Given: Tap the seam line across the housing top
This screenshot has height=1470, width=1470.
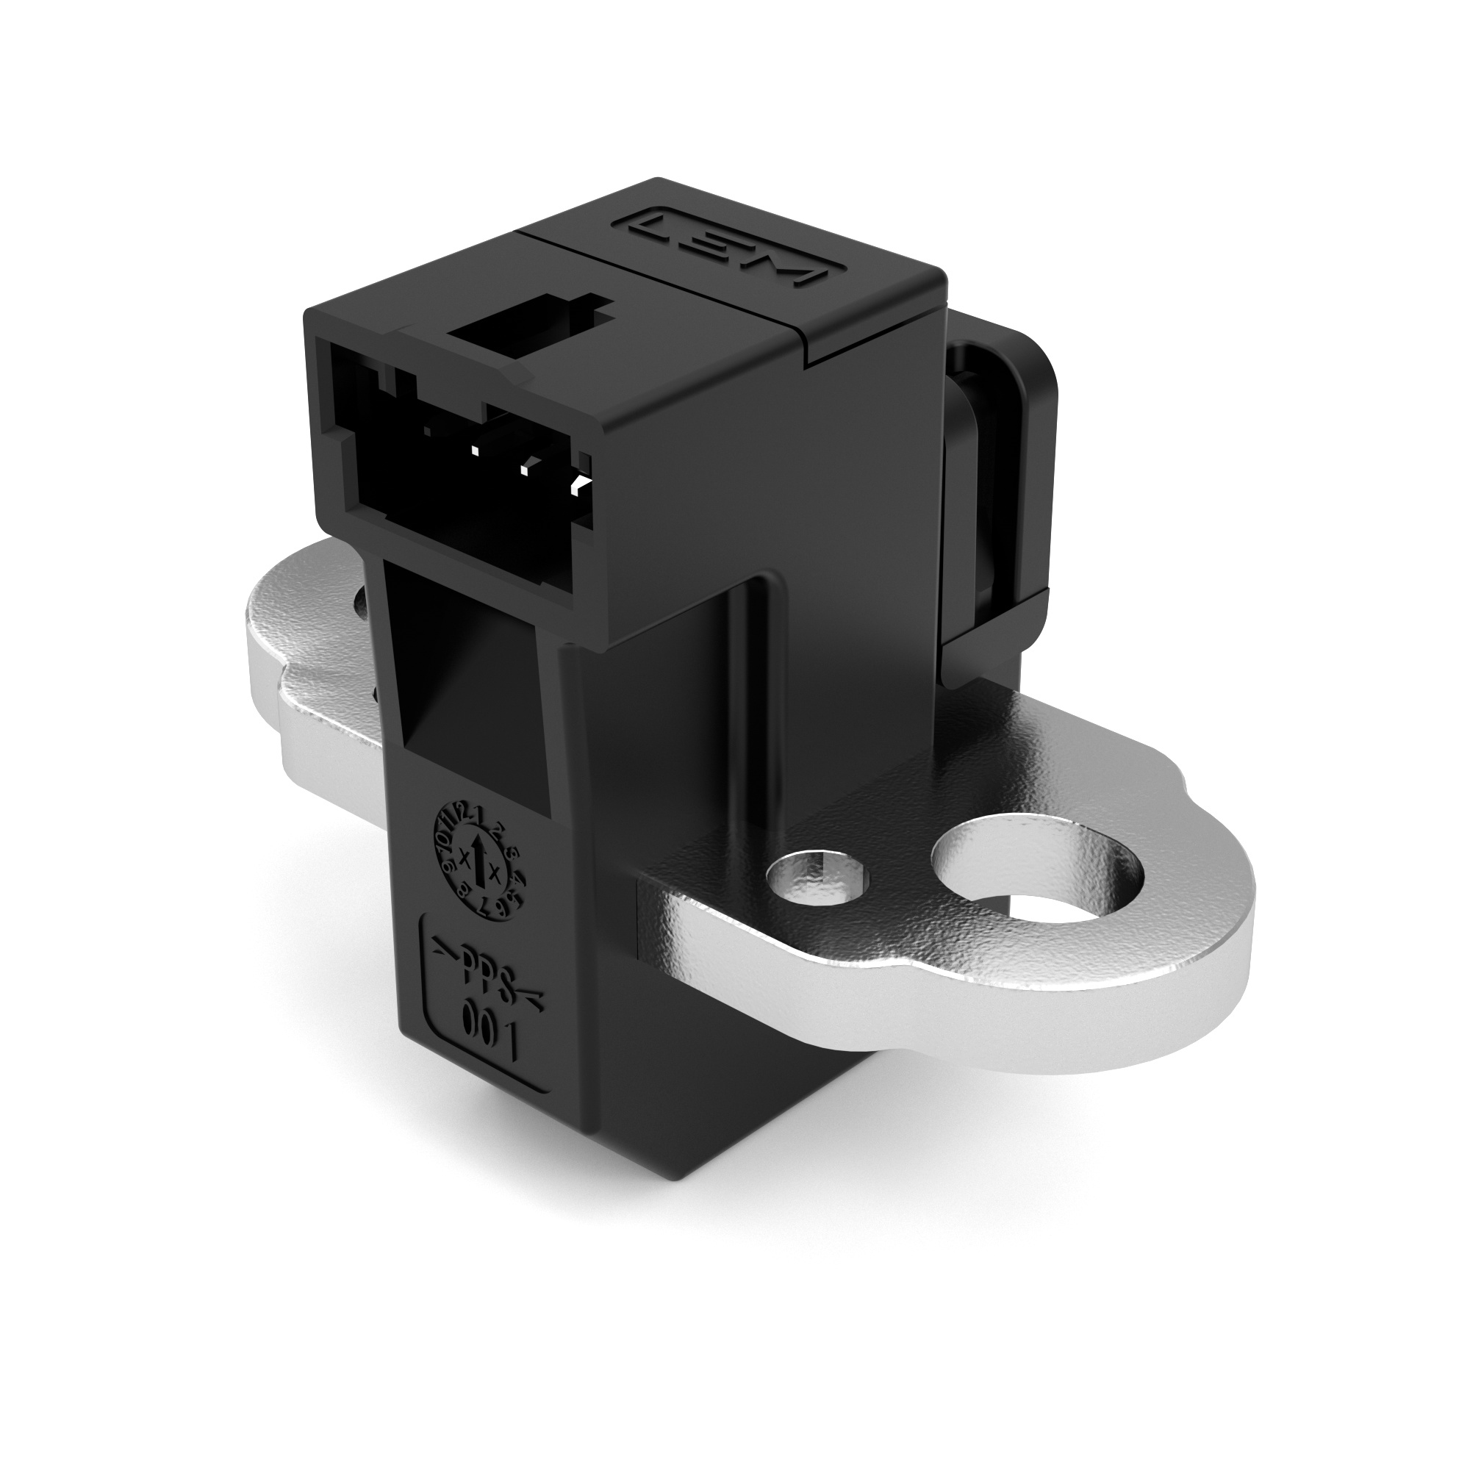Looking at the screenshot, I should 670,304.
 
